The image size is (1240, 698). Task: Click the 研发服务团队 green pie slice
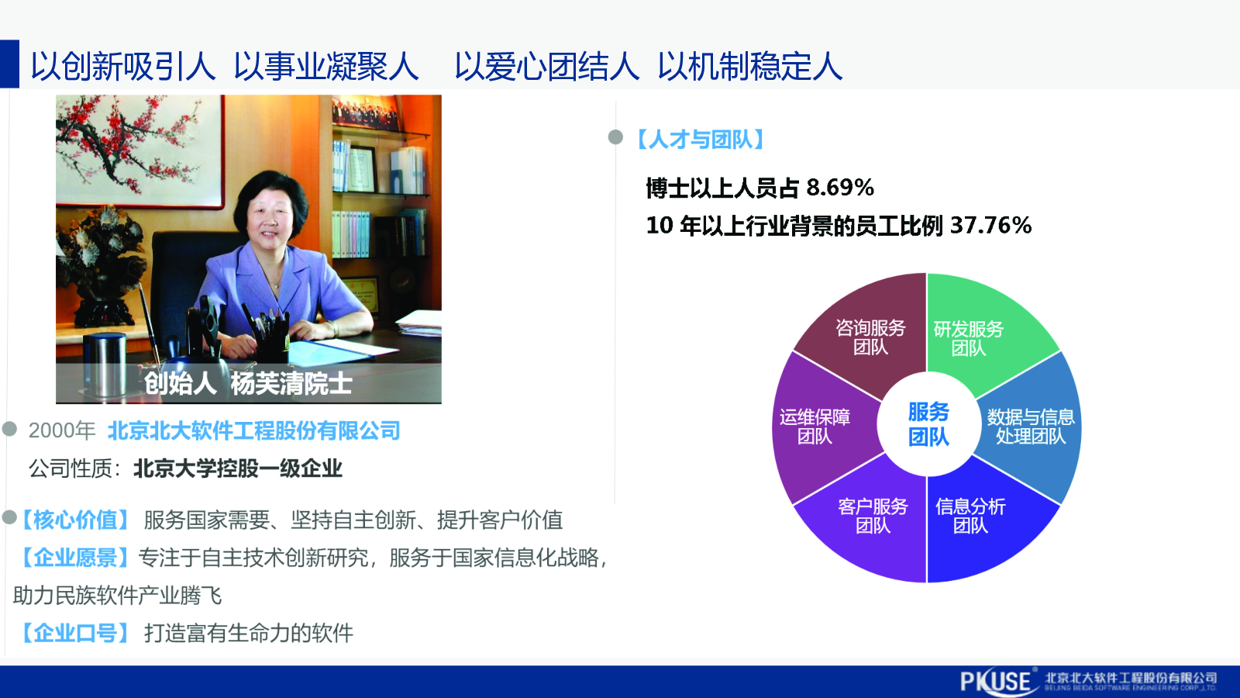[980, 333]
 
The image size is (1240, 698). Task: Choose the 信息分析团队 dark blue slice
[980, 520]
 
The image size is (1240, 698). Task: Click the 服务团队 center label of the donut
[928, 424]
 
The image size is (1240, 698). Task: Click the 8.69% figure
[840, 188]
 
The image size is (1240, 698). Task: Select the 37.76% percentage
[991, 226]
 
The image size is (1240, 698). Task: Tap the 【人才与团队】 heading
[700, 139]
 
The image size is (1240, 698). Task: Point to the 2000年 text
[61, 430]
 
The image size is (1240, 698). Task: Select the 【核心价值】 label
[74, 520]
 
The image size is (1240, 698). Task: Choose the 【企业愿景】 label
[74, 558]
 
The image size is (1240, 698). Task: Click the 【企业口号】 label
[74, 633]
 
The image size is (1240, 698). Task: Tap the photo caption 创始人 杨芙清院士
[248, 383]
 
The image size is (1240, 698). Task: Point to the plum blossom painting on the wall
[139, 150]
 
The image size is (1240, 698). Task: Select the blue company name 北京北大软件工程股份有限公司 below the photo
[254, 430]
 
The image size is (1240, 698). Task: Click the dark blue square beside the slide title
[9, 64]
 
